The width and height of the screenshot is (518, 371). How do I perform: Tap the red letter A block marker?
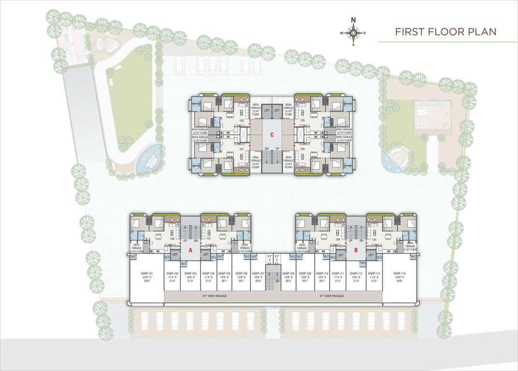[x=190, y=250]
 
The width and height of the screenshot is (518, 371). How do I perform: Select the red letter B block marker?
[x=356, y=250]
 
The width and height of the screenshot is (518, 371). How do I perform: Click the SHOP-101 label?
[x=147, y=273]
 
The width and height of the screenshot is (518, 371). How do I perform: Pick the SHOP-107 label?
[x=258, y=273]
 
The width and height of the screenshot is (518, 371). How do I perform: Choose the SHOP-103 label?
[x=190, y=273]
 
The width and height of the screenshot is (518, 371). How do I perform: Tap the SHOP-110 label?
[x=322, y=273]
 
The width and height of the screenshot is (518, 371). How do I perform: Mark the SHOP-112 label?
[x=356, y=273]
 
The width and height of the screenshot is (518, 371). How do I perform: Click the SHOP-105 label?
[x=224, y=273]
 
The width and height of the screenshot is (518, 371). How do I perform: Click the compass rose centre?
[x=353, y=33]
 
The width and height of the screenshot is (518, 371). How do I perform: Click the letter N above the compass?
[x=353, y=20]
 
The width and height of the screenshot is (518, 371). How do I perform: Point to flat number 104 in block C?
[x=302, y=149]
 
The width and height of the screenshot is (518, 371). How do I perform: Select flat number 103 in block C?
[x=302, y=120]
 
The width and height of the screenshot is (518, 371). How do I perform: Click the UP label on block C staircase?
[x=277, y=149]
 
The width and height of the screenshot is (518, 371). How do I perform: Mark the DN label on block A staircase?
[x=196, y=240]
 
